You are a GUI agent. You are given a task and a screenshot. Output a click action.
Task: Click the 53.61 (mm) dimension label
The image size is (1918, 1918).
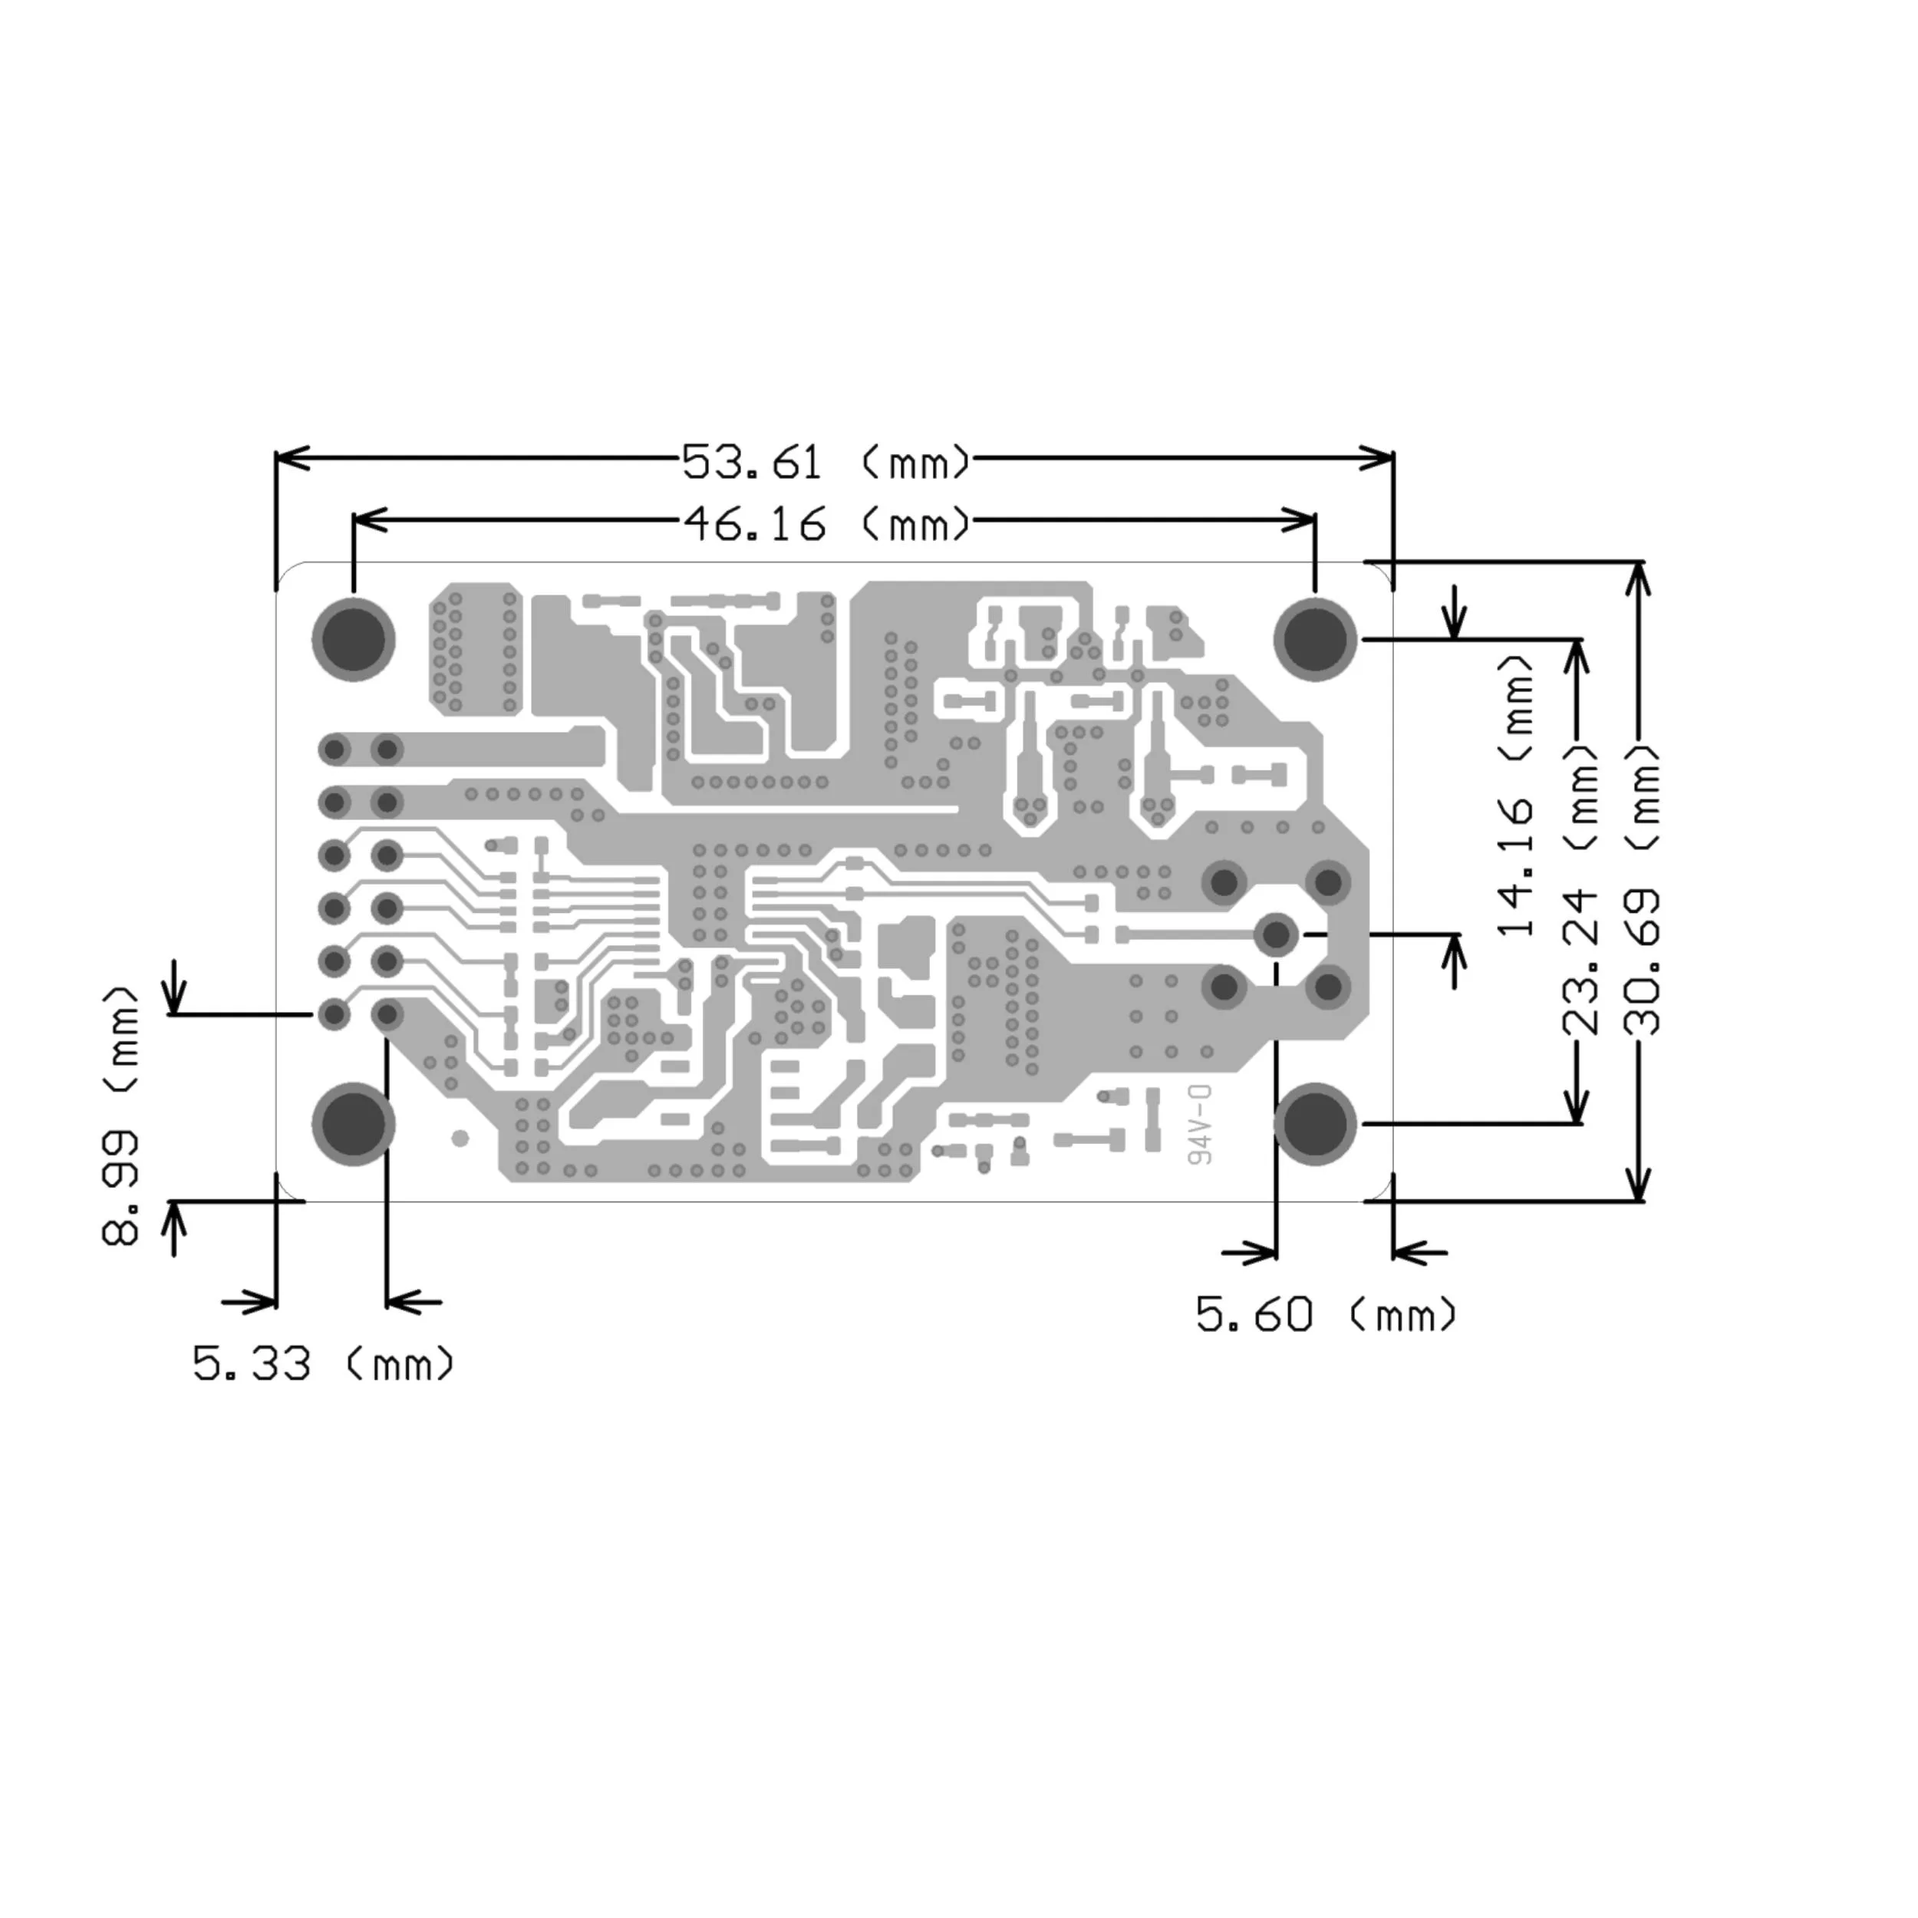pyautogui.click(x=825, y=463)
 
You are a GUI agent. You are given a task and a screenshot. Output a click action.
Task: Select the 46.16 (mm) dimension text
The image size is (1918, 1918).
pyautogui.click(x=825, y=524)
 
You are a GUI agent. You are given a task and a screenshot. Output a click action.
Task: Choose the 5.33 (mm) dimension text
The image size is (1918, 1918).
pyautogui.click(x=324, y=1364)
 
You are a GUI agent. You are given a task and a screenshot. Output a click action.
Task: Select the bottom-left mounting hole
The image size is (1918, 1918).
pyautogui.click(x=354, y=1124)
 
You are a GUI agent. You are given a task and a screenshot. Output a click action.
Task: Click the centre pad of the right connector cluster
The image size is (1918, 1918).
pyautogui.click(x=1276, y=934)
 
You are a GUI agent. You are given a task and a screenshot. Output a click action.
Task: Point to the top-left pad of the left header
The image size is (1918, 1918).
pyautogui.click(x=335, y=750)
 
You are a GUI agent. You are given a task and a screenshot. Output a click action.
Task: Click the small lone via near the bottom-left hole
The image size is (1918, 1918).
pyautogui.click(x=460, y=1139)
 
